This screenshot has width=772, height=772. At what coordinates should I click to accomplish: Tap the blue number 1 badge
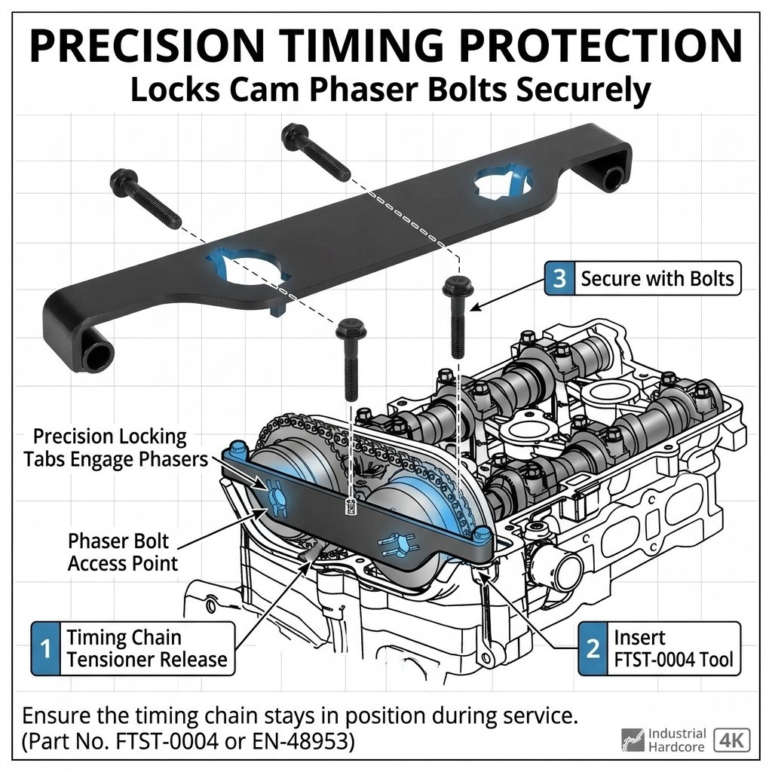[x=46, y=648]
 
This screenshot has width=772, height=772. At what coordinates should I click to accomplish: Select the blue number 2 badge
[x=593, y=648]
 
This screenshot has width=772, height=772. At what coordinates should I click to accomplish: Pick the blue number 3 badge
[x=559, y=278]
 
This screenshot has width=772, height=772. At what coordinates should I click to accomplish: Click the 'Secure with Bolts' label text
[x=657, y=279]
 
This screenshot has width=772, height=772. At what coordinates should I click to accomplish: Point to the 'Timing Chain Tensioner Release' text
[x=147, y=648]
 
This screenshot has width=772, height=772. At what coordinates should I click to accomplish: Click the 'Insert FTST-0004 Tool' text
[x=673, y=648]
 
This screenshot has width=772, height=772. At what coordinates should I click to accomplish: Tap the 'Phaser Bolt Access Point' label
[x=123, y=552]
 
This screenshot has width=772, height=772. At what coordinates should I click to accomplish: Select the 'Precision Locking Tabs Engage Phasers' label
[x=116, y=448]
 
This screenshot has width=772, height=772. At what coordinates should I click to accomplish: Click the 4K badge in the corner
[x=731, y=740]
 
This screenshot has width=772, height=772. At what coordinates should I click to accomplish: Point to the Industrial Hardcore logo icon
[x=633, y=740]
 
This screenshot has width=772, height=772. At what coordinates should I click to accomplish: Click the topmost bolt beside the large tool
[x=316, y=152]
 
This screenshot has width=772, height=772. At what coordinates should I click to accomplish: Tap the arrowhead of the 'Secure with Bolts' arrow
[x=473, y=308]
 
